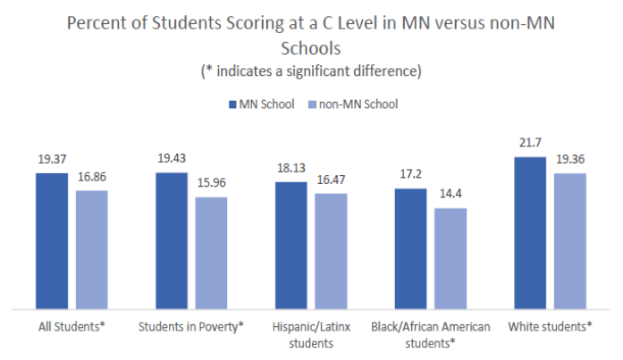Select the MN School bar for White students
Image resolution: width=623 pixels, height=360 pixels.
(530, 231)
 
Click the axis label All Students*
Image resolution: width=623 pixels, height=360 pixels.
(72, 327)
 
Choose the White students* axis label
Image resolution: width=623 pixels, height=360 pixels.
(550, 327)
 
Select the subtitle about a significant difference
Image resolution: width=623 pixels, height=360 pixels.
(310, 70)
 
